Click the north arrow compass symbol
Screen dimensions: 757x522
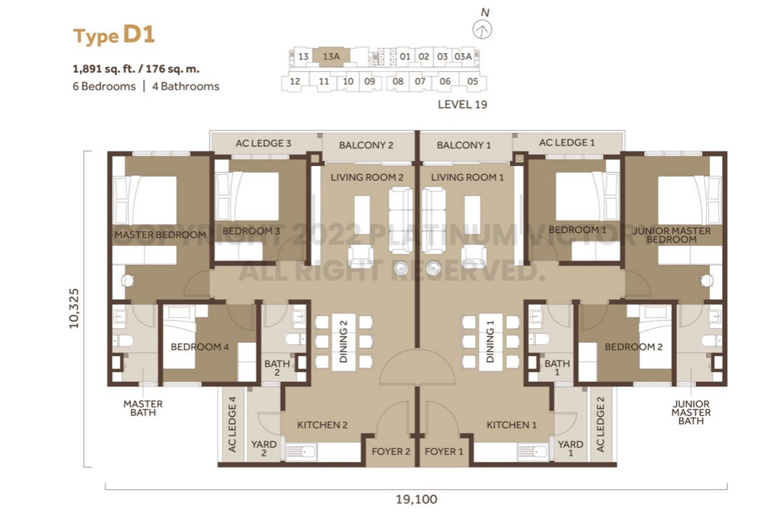[x=482, y=30]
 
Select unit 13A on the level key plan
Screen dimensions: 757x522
[x=331, y=57]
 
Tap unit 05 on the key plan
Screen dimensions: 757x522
[x=473, y=82]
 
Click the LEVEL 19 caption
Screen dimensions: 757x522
[x=462, y=104]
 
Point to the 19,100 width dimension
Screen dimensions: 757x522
[x=416, y=499]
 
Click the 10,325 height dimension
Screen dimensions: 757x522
[x=74, y=309]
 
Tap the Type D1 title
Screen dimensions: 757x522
[x=114, y=35]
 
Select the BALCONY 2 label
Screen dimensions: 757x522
[x=366, y=145]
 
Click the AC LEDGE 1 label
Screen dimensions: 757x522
[x=566, y=143]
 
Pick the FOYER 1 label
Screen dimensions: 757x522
[x=444, y=451]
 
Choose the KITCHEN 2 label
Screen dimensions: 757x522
[x=322, y=425]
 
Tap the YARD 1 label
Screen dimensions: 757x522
[x=570, y=448]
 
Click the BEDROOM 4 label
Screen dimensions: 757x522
[x=199, y=347]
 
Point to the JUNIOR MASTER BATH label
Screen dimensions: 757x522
[x=691, y=412]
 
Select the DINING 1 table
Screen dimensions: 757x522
[x=491, y=342]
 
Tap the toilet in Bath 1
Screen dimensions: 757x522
[x=540, y=339]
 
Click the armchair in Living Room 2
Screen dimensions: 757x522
[x=360, y=256]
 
